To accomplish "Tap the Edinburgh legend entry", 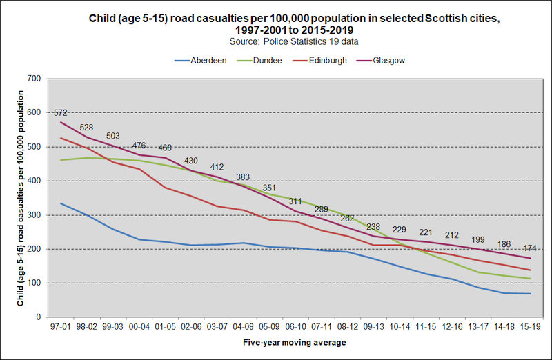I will pyautogui.click(x=328, y=60).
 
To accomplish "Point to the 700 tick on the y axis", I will pyautogui.click(x=34, y=79).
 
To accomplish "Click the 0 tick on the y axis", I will pyautogui.click(x=39, y=317).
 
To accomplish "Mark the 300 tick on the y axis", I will pyautogui.click(x=34, y=215).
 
